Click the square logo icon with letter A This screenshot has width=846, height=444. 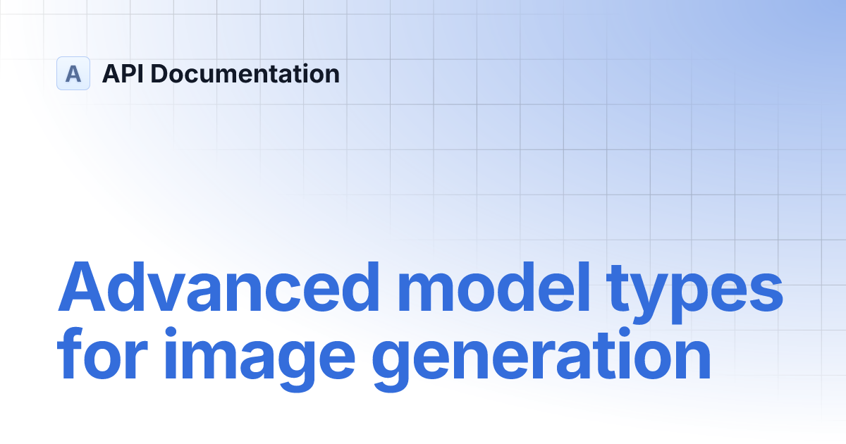pos(73,73)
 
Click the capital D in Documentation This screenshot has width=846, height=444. pos(160,73)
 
